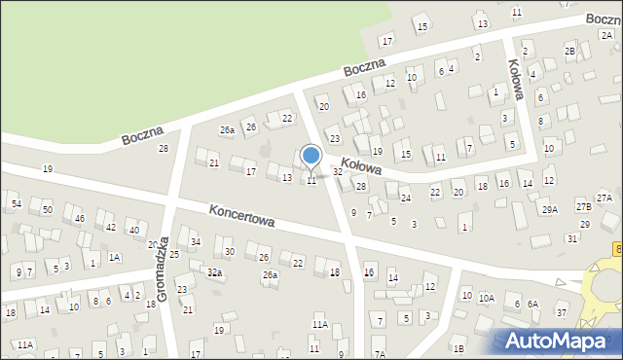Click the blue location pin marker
[x=311, y=157]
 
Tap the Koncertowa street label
[x=240, y=215]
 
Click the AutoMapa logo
[x=557, y=342]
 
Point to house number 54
[x=16, y=203]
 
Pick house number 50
[x=47, y=210]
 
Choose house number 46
[x=80, y=219]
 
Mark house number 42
[x=111, y=227]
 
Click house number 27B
[x=583, y=206]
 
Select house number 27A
[x=605, y=198]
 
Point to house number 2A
[x=605, y=35]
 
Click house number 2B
[x=569, y=51]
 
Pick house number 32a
[x=214, y=272]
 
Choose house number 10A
[x=487, y=298]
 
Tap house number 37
[x=562, y=312]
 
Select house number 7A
[x=380, y=353]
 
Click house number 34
[x=196, y=241]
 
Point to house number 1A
[x=114, y=257]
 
